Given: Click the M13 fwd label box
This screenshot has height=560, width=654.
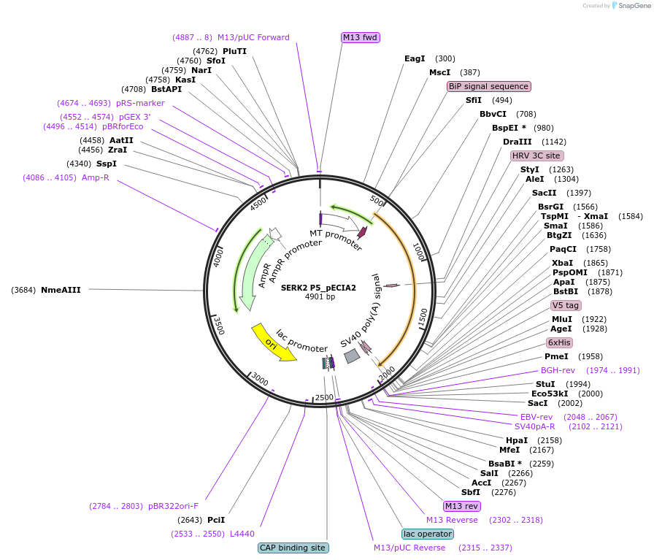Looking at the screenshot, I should pyautogui.click(x=361, y=37).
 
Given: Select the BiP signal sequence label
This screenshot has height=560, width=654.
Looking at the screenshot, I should pyautogui.click(x=489, y=86).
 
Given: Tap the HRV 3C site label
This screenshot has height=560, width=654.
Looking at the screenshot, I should pyautogui.click(x=536, y=156).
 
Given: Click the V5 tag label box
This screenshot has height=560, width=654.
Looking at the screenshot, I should pyautogui.click(x=566, y=305).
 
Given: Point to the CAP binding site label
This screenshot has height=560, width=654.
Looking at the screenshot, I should pyautogui.click(x=293, y=548).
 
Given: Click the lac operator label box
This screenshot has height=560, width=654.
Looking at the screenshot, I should pyautogui.click(x=428, y=534).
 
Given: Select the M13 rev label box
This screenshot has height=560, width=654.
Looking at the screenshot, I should pyautogui.click(x=462, y=506).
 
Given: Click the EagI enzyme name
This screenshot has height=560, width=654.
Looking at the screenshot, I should pyautogui.click(x=415, y=58).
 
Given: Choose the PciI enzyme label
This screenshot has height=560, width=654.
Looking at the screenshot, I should pyautogui.click(x=216, y=520).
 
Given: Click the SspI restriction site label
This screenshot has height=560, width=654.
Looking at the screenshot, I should pyautogui.click(x=107, y=164).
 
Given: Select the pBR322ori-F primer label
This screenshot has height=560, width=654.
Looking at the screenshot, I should pyautogui.click(x=173, y=506).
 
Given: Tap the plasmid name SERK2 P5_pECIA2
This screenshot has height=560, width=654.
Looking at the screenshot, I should pyautogui.click(x=319, y=288).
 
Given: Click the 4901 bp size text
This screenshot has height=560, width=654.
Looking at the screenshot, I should pyautogui.click(x=320, y=297).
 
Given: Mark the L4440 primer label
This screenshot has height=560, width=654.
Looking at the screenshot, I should pyautogui.click(x=242, y=534).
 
